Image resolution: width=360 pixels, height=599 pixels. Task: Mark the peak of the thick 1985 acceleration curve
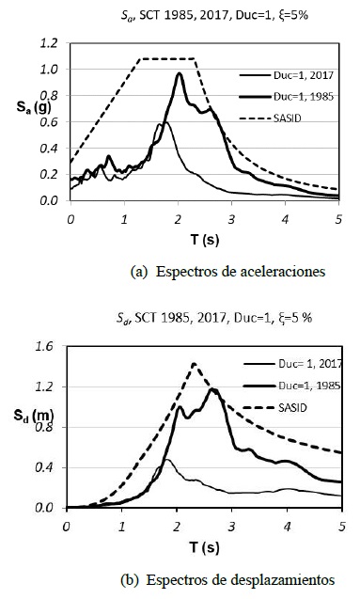[179, 73]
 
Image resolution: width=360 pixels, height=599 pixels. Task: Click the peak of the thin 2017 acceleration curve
[163, 122]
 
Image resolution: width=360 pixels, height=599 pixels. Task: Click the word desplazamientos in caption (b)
[277, 577]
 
